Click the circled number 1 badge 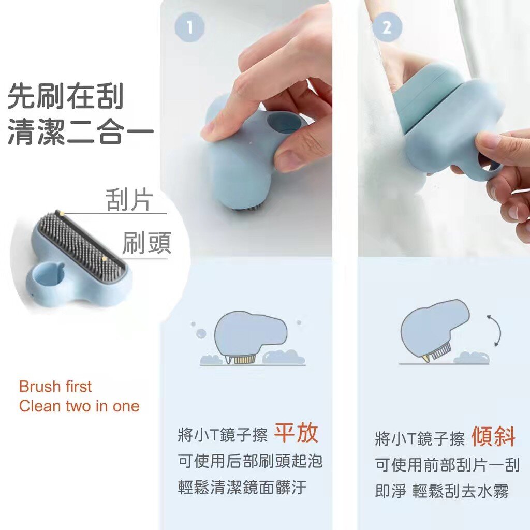pos(189,27)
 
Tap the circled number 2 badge pos(387,27)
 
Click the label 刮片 pos(129,200)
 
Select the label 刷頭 pos(146,243)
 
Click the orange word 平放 pos(296,433)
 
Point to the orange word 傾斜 pos(493,436)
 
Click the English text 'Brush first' pos(55,387)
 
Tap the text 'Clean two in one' pos(79,406)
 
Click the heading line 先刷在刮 pos(66,97)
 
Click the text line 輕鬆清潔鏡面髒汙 pos(242,488)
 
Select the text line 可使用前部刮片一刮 pos(447,465)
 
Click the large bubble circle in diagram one pos(201,334)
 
